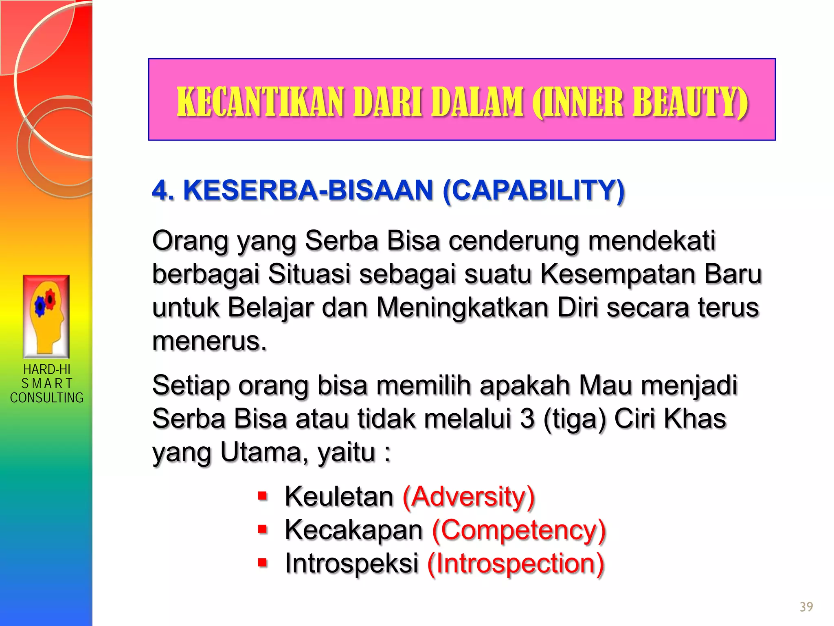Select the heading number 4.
tap(162, 190)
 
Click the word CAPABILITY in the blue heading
tap(533, 190)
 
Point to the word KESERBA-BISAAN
tap(308, 190)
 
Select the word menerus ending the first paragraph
tap(208, 341)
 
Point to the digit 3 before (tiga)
tap(527, 419)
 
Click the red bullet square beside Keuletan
tap(263, 496)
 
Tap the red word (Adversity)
tap(468, 497)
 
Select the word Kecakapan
tap(353, 530)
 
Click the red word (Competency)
tap(519, 530)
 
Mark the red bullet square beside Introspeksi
tap(263, 563)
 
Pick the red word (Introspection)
tap(516, 564)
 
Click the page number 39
tap(806, 607)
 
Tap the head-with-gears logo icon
tap(46, 316)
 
